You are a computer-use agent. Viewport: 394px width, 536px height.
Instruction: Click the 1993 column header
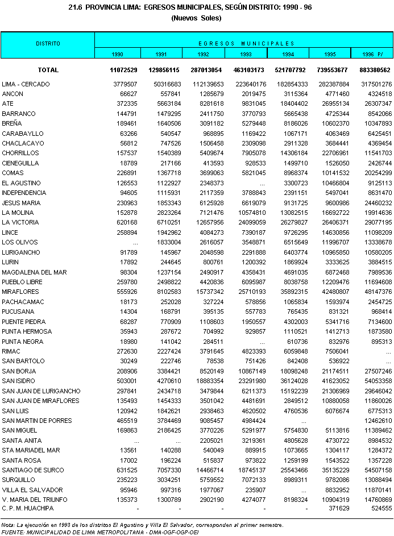[x=246, y=54]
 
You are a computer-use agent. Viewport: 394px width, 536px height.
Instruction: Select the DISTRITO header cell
[x=48, y=44]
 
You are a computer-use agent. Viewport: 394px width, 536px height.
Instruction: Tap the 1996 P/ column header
[x=372, y=54]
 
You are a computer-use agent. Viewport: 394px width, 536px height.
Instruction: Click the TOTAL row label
[x=48, y=70]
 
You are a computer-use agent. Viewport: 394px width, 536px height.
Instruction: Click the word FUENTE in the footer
[x=13, y=532]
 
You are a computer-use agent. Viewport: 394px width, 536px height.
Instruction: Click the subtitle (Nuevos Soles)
[x=196, y=18]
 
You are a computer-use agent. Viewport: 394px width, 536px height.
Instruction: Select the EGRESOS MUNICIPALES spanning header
[x=246, y=43]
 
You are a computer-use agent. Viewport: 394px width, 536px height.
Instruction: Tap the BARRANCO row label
[x=19, y=114]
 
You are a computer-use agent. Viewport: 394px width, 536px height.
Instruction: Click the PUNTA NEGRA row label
[x=22, y=341]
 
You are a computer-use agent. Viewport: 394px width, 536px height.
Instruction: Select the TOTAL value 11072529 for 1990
[x=124, y=70]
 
